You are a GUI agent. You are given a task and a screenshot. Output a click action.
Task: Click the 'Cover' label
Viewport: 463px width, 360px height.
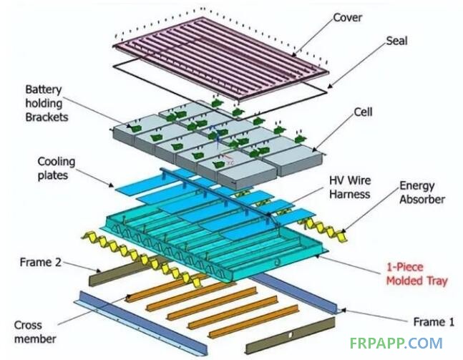coord(347,17)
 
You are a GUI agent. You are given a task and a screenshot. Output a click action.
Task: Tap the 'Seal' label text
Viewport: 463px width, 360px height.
coord(396,41)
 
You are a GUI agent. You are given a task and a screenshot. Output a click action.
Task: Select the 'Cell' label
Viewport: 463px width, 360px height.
coord(363,112)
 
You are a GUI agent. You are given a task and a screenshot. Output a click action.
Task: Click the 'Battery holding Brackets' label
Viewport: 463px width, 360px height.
coord(47,103)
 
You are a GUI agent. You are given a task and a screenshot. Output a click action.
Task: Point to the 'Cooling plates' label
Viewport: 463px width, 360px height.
coord(56,168)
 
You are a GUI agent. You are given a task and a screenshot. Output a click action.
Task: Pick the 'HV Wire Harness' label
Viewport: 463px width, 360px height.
coord(350,187)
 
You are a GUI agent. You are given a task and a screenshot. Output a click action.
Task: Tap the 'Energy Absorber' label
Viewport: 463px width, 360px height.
coord(422,193)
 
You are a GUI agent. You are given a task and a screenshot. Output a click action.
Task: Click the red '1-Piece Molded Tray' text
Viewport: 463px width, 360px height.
coord(416,274)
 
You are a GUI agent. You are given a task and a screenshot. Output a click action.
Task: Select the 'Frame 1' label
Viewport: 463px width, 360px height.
coord(434,321)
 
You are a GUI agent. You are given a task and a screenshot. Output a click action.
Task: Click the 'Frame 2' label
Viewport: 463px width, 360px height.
coord(41,262)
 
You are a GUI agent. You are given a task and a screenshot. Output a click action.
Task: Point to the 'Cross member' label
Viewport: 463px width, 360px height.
coord(35,331)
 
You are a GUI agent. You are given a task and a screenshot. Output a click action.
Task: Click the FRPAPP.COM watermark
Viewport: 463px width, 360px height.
coord(396,344)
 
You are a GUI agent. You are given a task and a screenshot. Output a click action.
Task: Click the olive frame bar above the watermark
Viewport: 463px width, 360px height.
coord(291,335)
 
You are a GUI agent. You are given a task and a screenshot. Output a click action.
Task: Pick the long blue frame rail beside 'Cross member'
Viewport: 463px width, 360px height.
coord(140,323)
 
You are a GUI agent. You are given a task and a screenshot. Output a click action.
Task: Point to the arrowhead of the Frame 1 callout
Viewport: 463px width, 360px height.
coord(343,311)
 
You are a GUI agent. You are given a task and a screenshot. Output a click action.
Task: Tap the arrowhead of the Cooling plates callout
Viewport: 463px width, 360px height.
coord(112,185)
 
